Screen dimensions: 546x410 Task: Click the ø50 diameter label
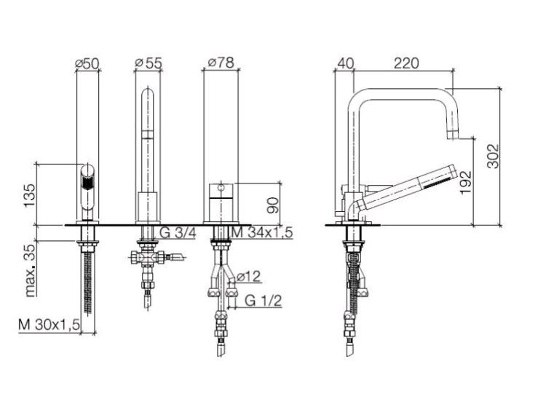(87, 63)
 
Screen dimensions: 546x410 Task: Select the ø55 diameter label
(149, 63)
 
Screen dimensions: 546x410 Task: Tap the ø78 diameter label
(221, 63)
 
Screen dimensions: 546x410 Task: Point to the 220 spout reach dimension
(406, 63)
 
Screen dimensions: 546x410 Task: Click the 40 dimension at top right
(345, 63)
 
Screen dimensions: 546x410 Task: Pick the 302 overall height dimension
(493, 156)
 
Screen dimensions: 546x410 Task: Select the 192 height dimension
(465, 182)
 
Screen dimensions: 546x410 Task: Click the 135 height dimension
(30, 195)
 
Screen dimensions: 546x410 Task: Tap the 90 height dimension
(273, 205)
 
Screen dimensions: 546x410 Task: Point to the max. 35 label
(30, 270)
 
